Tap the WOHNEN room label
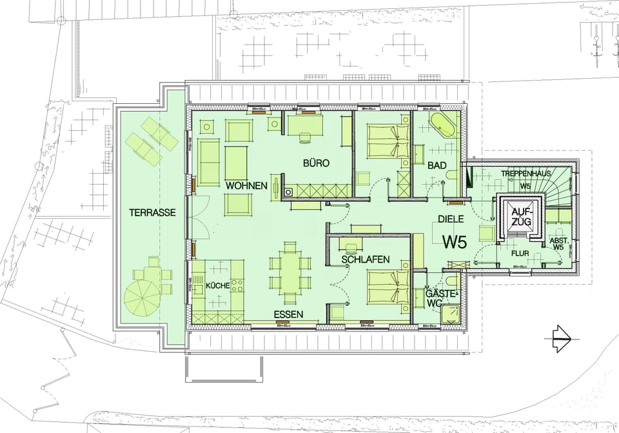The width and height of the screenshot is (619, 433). [x=246, y=186]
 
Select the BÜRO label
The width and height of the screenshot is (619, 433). [x=317, y=164]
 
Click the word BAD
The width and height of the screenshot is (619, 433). [x=437, y=166]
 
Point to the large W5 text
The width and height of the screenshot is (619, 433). [x=454, y=241]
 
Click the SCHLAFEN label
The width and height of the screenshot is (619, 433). [x=365, y=259]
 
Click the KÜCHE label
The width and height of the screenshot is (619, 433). [x=218, y=286]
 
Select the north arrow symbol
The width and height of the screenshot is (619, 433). [x=558, y=336]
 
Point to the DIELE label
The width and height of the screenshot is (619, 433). [x=451, y=219]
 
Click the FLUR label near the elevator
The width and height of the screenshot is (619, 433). [x=520, y=254]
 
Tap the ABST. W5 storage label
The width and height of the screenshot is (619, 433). [x=558, y=243]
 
